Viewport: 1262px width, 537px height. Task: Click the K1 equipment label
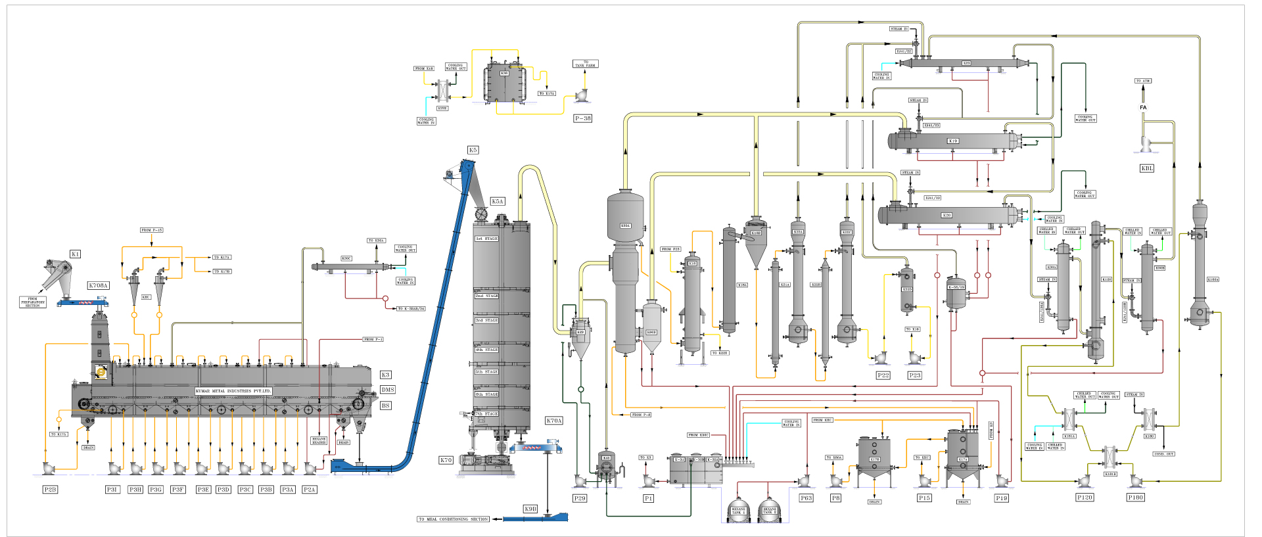75,254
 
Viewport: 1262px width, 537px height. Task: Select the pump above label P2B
48,468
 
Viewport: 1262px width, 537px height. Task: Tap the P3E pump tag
203,490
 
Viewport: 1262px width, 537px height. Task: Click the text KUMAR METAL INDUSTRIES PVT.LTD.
233,391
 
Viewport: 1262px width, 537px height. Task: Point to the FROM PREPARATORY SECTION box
33,302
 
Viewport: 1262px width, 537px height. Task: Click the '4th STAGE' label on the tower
487,350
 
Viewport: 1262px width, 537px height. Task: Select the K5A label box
498,201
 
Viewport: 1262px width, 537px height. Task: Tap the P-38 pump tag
582,118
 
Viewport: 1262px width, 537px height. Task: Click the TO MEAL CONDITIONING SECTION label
454,519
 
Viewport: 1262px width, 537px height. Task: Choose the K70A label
554,421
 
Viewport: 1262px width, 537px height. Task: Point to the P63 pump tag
806,498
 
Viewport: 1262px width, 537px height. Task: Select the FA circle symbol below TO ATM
1143,107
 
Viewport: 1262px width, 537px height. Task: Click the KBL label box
1146,168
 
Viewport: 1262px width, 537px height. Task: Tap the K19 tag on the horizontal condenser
952,141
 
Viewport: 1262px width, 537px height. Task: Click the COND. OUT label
1164,454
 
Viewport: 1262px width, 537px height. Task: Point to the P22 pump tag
883,375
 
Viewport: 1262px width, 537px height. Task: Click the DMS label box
388,390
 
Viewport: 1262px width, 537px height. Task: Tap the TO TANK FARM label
585,64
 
